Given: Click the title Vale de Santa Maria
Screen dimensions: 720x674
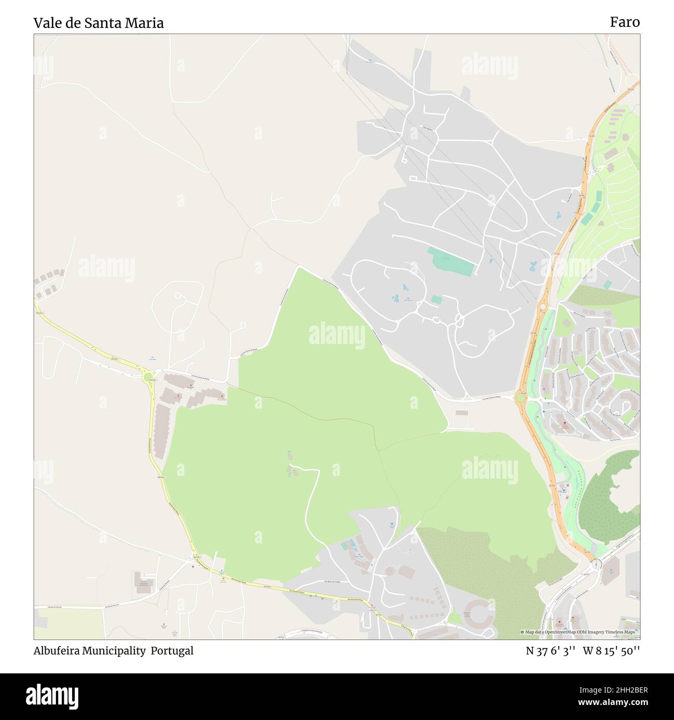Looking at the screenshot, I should (x=99, y=23).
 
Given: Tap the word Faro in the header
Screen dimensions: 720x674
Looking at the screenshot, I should (x=624, y=22).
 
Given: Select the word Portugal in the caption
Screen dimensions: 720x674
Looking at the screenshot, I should (x=172, y=651).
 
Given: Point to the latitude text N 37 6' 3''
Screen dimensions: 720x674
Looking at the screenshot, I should (x=550, y=651).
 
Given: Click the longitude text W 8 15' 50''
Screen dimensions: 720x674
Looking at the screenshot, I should (x=611, y=651).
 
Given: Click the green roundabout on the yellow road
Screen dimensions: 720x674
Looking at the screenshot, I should (x=149, y=377).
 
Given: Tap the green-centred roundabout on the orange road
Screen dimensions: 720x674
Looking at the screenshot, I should (x=520, y=398).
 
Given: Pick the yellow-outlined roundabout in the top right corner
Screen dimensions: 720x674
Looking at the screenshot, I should (x=633, y=81).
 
